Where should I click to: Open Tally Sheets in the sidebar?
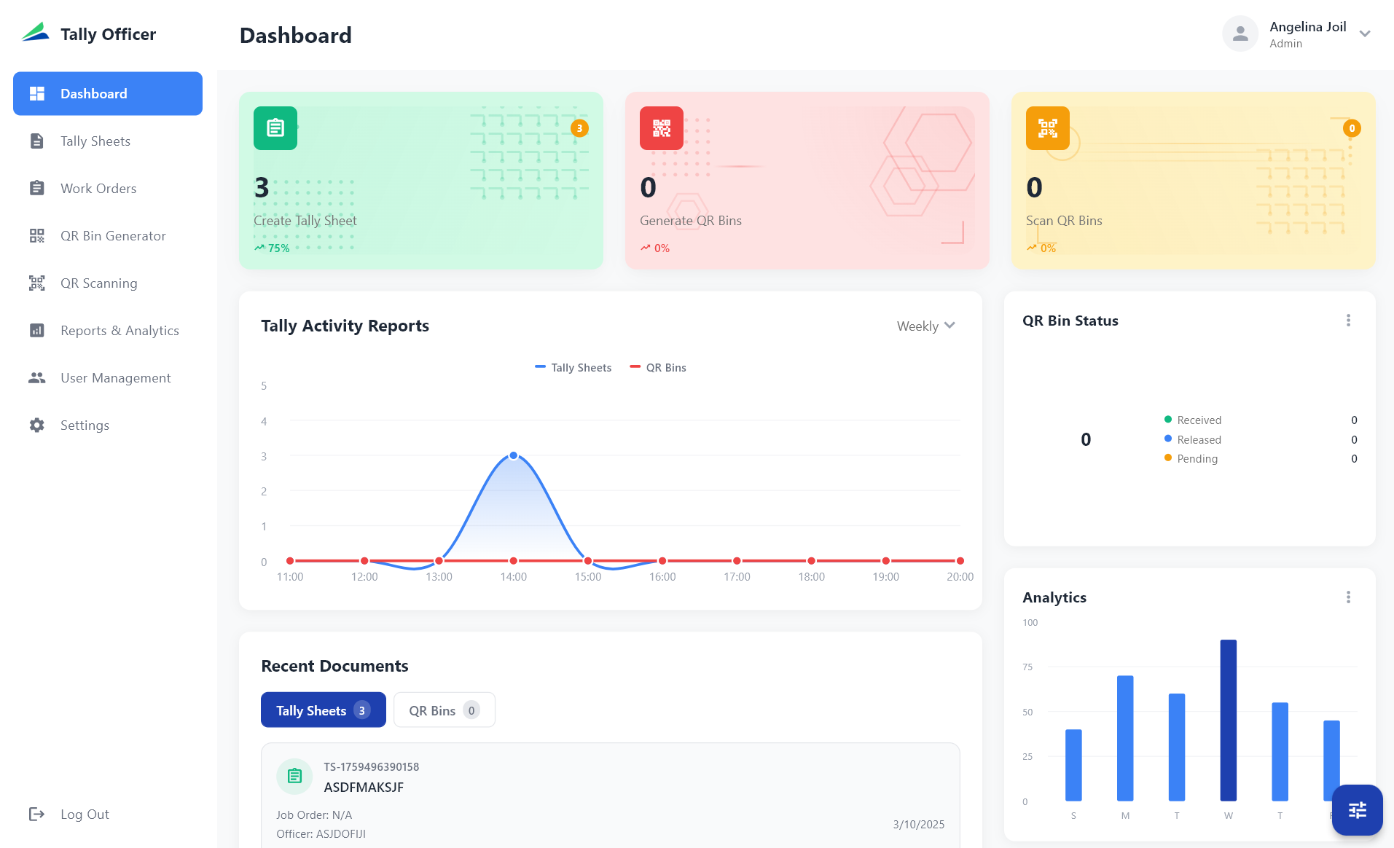coord(95,141)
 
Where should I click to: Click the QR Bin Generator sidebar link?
coord(112,236)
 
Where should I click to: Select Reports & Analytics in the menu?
coord(119,331)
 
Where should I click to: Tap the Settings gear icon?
coord(37,425)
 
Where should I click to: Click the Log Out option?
coord(84,814)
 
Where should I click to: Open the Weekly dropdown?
coord(925,326)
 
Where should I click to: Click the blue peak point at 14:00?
coord(514,456)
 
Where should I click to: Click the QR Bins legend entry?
coord(658,368)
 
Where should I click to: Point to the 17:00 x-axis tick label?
coord(737,577)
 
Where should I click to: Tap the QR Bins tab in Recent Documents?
coord(444,710)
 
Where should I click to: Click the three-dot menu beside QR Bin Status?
coord(1348,321)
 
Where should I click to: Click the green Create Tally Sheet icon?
coord(275,128)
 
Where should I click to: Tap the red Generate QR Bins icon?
coord(662,128)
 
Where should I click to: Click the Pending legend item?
coord(1197,459)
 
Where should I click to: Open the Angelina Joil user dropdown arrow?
coord(1365,34)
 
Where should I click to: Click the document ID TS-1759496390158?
coord(371,767)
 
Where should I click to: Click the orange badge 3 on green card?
coord(579,128)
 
